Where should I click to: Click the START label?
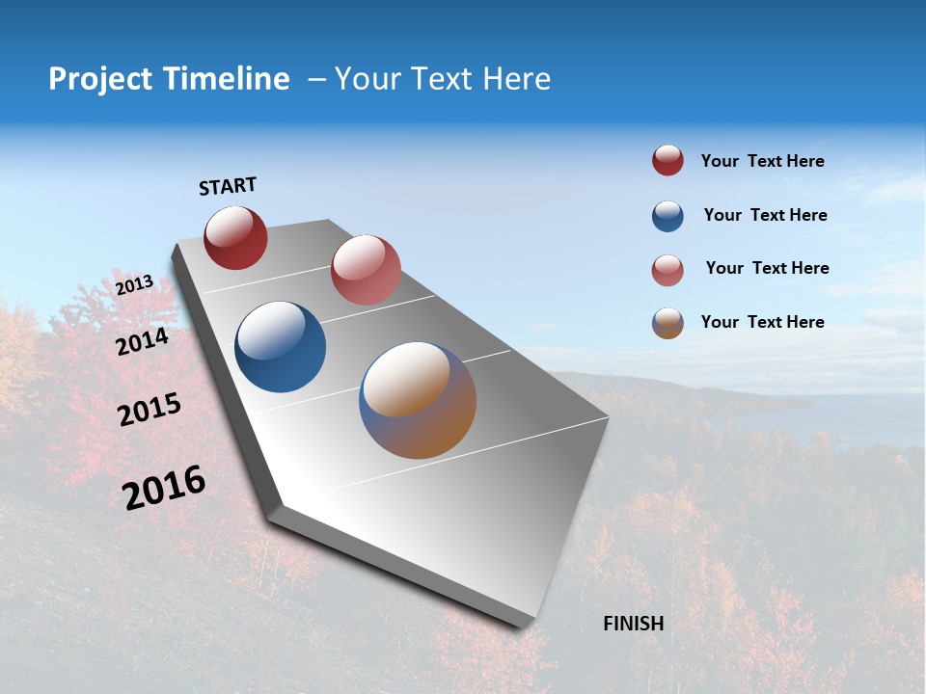pos(228,186)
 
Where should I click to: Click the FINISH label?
pos(633,624)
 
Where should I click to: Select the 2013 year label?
pos(134,285)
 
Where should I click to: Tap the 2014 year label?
pos(143,341)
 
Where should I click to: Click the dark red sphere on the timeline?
pos(235,238)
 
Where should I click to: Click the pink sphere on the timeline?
pos(366,270)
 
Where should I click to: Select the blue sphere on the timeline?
pos(280,347)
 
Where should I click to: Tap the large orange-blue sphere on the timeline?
pos(418,400)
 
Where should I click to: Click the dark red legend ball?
pos(667,161)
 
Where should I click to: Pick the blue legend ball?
pos(667,216)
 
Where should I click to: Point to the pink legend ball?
pos(667,270)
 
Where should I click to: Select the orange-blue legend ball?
pos(667,323)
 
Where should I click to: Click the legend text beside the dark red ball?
pos(762,161)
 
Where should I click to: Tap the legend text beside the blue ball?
pos(765,215)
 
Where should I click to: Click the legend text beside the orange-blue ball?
pos(762,322)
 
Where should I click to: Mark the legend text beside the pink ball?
pos(767,268)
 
